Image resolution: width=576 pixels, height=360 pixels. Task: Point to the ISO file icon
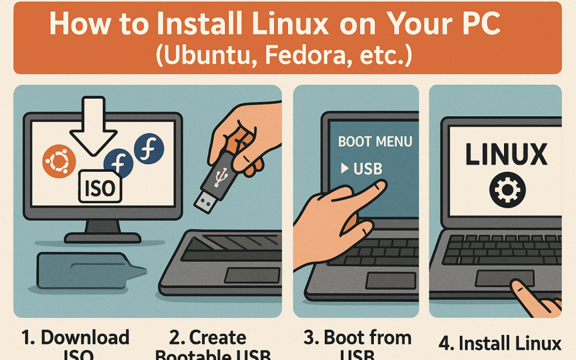101,186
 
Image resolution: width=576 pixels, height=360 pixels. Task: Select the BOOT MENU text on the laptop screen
375,142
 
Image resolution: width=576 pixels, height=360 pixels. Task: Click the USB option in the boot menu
368,169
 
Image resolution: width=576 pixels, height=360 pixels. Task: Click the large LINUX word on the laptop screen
506,154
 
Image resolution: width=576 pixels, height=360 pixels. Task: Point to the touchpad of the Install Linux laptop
505,278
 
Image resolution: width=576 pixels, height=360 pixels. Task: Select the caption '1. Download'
75,338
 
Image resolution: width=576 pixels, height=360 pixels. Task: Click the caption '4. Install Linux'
500,343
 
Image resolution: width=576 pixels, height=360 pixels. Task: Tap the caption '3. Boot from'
357,338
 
